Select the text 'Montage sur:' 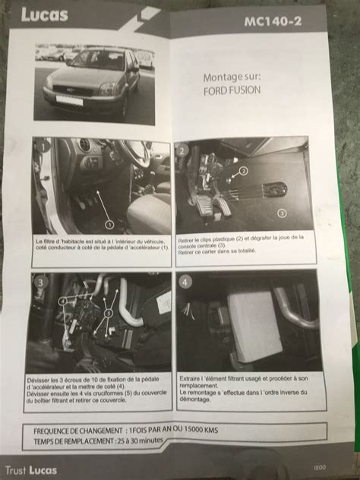pos(232,77)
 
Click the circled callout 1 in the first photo pos(109,224)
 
